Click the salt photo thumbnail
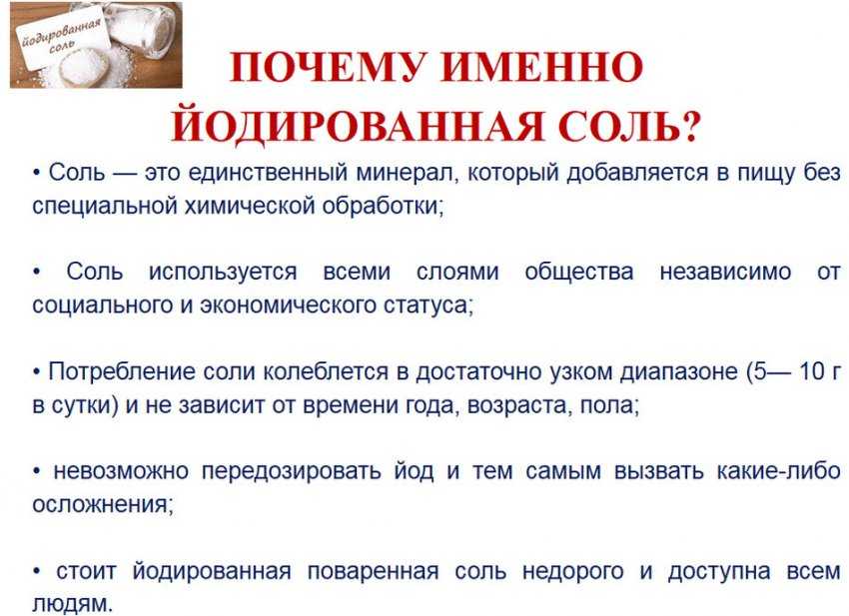click(96, 45)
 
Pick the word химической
click(240, 206)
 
